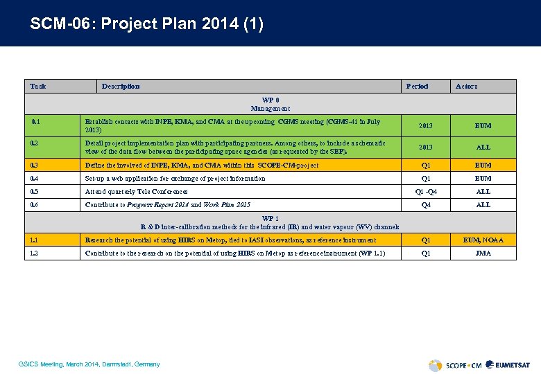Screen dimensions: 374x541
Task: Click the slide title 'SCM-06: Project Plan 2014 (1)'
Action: [x=146, y=24]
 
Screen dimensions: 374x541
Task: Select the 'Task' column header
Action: [x=38, y=86]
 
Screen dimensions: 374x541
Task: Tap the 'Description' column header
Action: [x=121, y=86]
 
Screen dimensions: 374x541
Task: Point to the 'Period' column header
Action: [x=417, y=86]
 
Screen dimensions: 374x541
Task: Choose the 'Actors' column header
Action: [x=466, y=86]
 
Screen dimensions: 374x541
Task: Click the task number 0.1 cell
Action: [x=36, y=122]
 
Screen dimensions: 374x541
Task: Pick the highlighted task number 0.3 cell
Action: [x=35, y=165]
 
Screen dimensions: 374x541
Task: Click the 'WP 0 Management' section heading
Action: [x=270, y=104]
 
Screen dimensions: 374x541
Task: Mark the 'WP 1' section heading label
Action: [x=270, y=219]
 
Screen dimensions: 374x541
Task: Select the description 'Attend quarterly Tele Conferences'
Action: [x=136, y=191]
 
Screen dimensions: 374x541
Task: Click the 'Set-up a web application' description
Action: [x=175, y=178]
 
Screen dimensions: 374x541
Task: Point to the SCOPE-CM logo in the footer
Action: [x=454, y=365]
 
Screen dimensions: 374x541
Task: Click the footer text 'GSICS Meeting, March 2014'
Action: [x=91, y=364]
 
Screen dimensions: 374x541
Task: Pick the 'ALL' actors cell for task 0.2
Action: [x=483, y=147]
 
